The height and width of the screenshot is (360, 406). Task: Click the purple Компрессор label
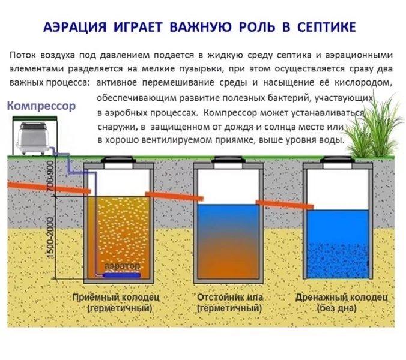click(41, 106)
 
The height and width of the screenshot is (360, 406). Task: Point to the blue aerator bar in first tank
click(120, 275)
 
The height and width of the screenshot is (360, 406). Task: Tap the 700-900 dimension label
click(50, 175)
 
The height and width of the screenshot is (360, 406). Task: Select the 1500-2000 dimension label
click(50, 235)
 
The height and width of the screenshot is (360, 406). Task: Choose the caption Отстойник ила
click(230, 298)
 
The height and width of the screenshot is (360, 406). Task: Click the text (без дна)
click(341, 308)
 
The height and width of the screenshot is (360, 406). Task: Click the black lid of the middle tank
click(230, 161)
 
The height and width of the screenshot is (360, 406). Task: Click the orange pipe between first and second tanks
click(174, 197)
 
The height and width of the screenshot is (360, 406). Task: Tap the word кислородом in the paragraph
click(361, 82)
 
